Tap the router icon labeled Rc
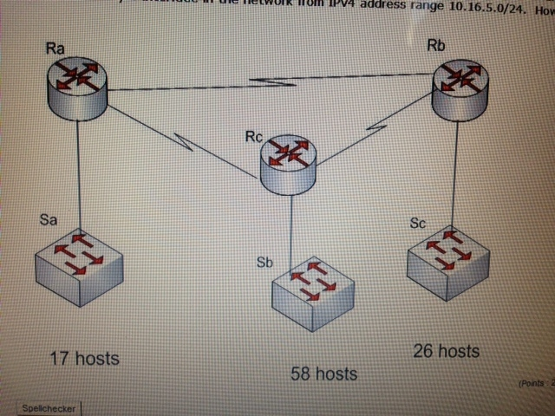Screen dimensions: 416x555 click(288, 161)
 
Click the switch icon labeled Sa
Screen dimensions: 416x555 click(79, 265)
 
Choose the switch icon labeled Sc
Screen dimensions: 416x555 click(447, 257)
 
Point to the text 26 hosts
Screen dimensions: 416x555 click(447, 351)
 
